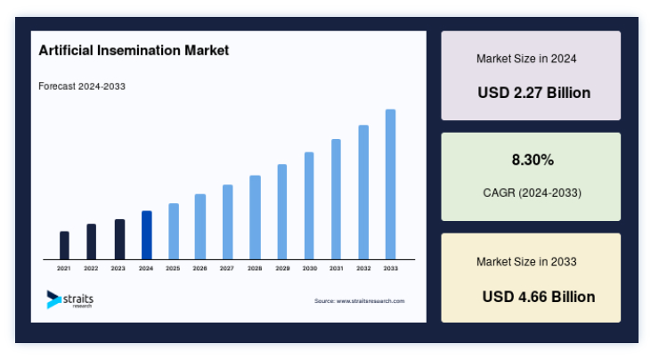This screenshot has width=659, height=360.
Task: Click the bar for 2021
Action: click(x=64, y=245)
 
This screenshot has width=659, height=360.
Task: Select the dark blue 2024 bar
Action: click(x=147, y=235)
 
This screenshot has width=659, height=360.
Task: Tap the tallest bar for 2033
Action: click(x=390, y=184)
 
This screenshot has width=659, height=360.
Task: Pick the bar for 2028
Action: click(x=255, y=217)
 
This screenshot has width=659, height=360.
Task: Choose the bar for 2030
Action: click(x=309, y=206)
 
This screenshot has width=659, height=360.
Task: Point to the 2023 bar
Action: click(x=120, y=240)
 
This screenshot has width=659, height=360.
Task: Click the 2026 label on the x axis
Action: click(x=199, y=268)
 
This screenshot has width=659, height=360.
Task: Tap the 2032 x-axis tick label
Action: click(x=363, y=268)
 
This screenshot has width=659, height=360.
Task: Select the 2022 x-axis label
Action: click(x=91, y=268)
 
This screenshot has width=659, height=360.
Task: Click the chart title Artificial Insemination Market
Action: click(x=134, y=51)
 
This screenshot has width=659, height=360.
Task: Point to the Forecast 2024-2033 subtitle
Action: click(x=82, y=86)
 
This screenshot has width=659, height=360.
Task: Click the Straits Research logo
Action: click(x=69, y=299)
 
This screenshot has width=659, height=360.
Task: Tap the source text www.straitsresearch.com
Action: click(x=370, y=301)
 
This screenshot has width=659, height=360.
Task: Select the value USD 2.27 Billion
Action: click(x=533, y=93)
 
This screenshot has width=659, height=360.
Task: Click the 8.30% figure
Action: click(x=533, y=160)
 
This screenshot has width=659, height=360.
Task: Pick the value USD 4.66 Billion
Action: click(x=539, y=297)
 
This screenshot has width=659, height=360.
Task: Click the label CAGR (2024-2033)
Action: click(x=532, y=192)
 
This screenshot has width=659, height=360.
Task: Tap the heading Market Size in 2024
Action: click(x=526, y=59)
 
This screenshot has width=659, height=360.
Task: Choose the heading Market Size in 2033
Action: click(x=526, y=262)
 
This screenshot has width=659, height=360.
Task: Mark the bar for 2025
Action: click(x=174, y=232)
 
